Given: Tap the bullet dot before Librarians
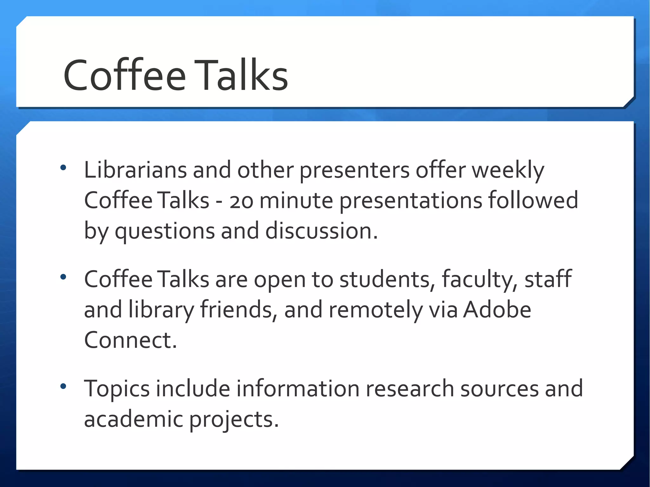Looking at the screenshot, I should click(63, 167).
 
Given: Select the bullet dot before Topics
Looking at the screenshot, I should click(63, 386).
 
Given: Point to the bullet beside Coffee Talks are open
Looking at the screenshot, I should click(63, 277).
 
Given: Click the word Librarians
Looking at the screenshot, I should click(135, 170).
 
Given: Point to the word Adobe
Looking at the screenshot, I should click(497, 310).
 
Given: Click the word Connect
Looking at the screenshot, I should click(130, 340).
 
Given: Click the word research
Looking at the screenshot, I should click(410, 389).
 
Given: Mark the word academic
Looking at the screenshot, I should click(134, 419).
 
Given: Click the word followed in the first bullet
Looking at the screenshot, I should click(533, 200).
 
